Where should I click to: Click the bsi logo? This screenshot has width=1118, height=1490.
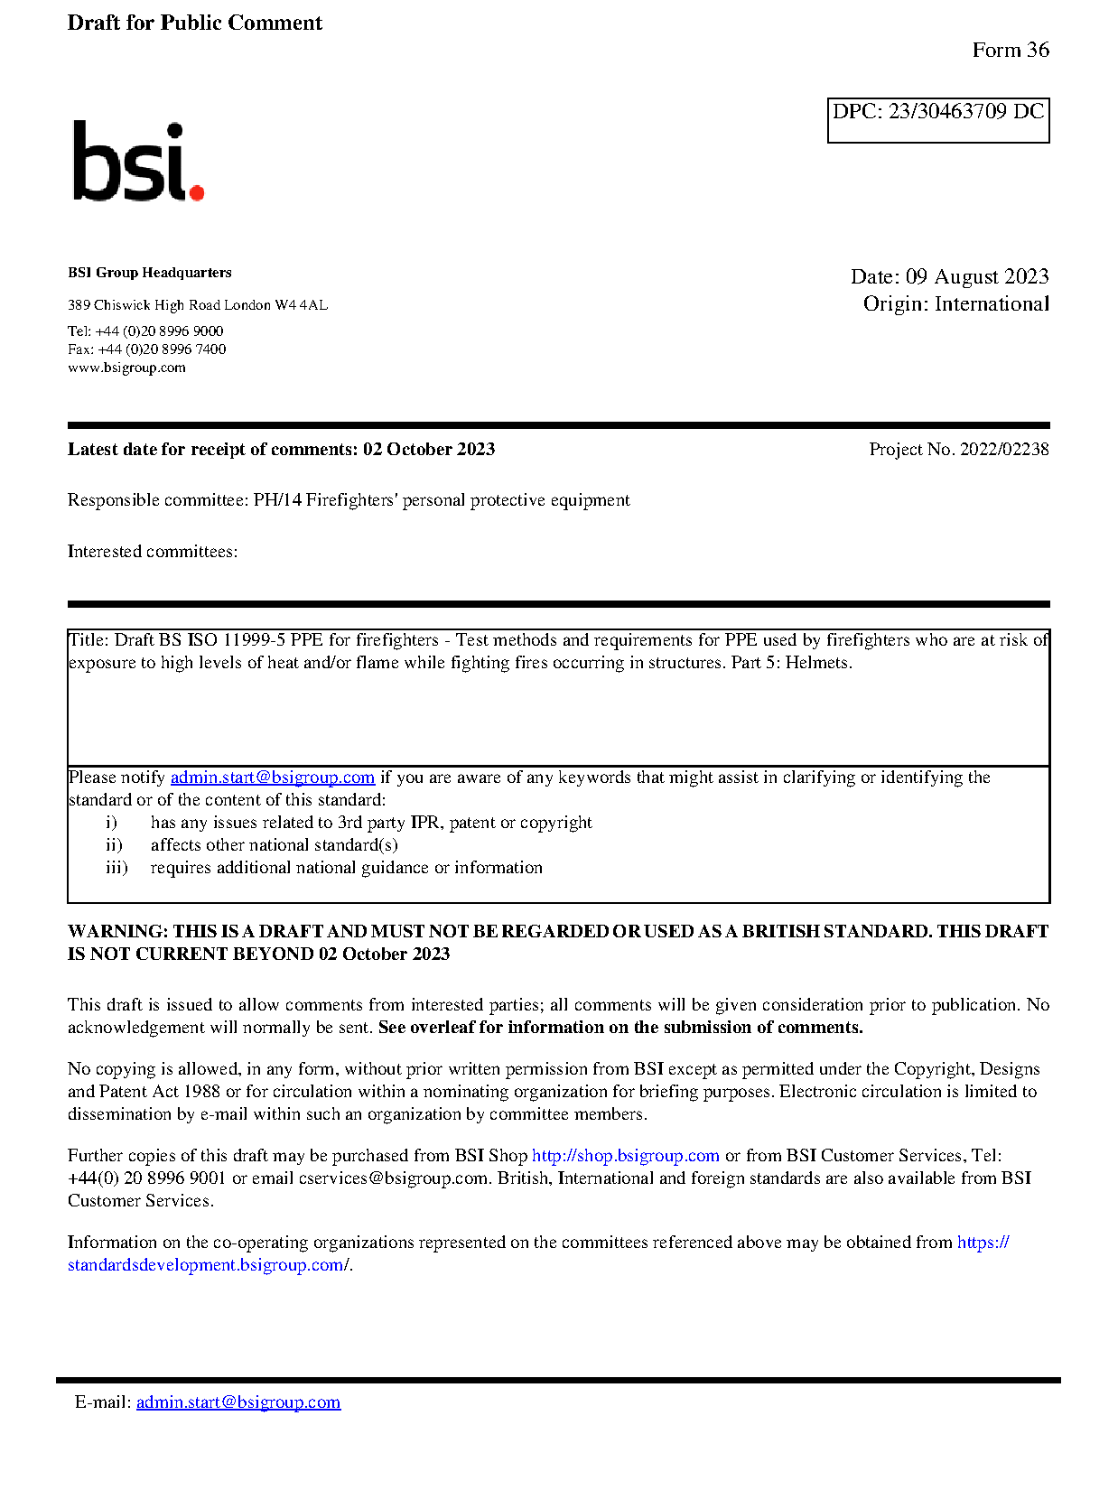(x=137, y=163)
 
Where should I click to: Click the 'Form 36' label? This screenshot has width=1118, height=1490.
(x=1010, y=51)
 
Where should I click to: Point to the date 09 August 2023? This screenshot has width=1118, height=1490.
(x=976, y=276)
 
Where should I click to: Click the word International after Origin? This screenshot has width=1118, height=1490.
(x=992, y=304)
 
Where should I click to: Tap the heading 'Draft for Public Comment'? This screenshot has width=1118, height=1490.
(x=194, y=23)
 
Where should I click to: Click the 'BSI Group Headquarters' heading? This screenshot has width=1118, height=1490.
(x=149, y=273)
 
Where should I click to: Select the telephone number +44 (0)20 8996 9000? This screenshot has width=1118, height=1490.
(x=159, y=331)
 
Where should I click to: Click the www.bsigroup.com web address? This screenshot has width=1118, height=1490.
(x=126, y=368)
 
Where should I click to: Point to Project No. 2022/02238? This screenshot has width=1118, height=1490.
(x=958, y=450)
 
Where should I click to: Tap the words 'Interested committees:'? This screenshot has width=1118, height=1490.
(x=153, y=552)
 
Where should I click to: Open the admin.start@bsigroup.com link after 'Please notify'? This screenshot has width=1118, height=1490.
(x=272, y=778)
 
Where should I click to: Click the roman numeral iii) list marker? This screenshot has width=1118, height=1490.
(x=116, y=868)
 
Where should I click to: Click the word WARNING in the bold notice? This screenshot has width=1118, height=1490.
(x=117, y=932)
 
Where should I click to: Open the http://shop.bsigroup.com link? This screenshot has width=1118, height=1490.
(x=625, y=1156)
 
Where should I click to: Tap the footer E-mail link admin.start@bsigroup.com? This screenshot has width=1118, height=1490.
(x=238, y=1402)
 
